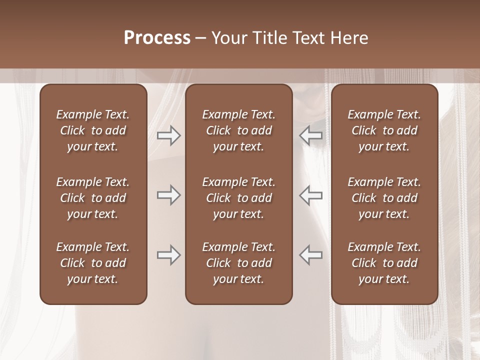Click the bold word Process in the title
157,38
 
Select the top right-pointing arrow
168,136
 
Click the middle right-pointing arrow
168,195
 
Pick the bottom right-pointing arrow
168,255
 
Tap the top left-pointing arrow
311,136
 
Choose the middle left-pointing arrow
311,195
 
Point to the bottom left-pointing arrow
311,255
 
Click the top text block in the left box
93,130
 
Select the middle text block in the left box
93,198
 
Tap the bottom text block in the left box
93,263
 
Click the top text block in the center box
239,130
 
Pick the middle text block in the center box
239,198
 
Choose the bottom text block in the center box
239,263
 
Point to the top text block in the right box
384,130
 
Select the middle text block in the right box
384,198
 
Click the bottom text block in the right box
384,263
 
